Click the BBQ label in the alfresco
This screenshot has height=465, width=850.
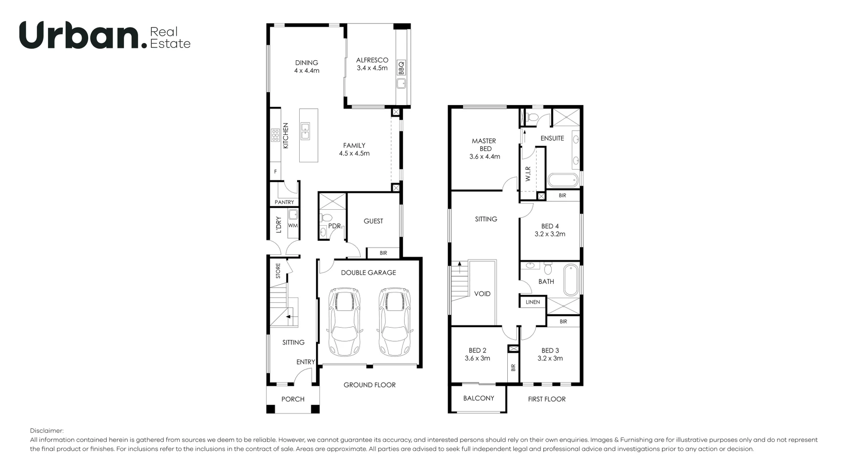click(x=401, y=68)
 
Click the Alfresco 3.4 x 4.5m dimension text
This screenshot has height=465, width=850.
click(x=372, y=68)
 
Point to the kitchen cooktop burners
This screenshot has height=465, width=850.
click(x=275, y=135)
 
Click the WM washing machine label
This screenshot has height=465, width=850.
click(x=293, y=226)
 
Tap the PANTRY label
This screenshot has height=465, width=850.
click(x=284, y=202)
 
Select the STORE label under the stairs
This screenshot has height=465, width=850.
click(x=278, y=271)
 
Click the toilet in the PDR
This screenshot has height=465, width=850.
click(x=327, y=218)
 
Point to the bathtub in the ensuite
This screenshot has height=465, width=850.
click(x=563, y=180)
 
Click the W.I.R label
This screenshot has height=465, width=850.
click(x=528, y=174)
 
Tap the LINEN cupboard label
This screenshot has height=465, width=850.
click(x=533, y=302)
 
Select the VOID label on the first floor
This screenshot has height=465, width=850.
click(x=482, y=294)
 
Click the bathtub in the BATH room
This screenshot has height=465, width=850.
click(x=571, y=280)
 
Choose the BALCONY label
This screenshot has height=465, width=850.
click(x=479, y=399)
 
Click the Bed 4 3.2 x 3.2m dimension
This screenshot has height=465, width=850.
click(x=550, y=234)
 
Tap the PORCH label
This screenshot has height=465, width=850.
click(x=293, y=399)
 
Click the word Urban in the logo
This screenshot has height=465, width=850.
click(x=80, y=36)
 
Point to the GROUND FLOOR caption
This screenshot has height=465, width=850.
click(x=370, y=385)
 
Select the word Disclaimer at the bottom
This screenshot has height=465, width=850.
click(x=46, y=431)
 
